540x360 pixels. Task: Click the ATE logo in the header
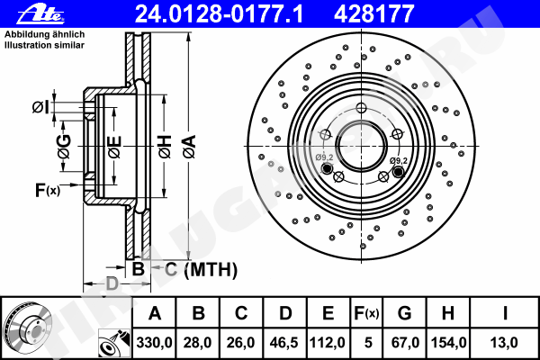click(x=40, y=14)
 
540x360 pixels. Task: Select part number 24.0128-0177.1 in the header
click(x=219, y=14)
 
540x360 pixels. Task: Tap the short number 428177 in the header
click(x=374, y=14)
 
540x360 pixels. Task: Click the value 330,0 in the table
click(x=154, y=343)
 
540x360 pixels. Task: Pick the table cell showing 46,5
click(x=284, y=343)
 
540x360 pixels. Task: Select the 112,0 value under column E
click(x=328, y=343)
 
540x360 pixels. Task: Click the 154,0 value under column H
click(x=448, y=343)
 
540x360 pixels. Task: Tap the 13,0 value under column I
click(x=504, y=343)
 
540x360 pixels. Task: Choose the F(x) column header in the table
click(x=367, y=313)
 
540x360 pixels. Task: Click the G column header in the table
click(x=405, y=313)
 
